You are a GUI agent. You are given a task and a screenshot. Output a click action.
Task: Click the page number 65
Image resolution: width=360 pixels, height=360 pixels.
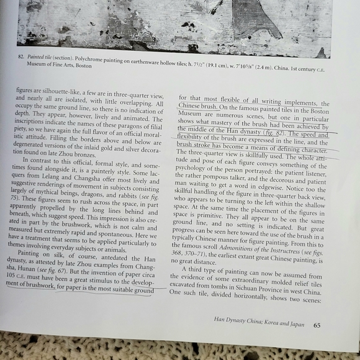coord(316,323)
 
